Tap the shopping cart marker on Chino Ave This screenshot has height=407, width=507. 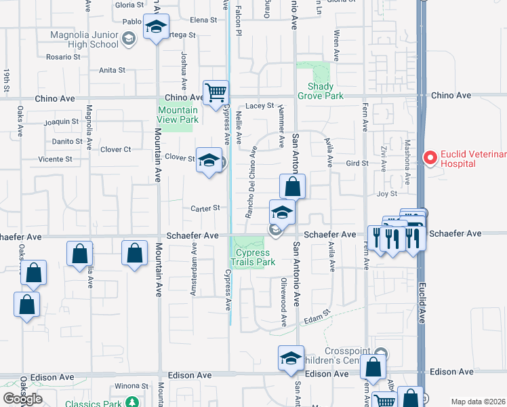point(216,92)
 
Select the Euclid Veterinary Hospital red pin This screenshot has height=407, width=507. point(429,158)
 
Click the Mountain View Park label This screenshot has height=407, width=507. point(178,115)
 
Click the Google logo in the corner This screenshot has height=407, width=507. point(22,399)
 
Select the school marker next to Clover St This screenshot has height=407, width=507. point(209,161)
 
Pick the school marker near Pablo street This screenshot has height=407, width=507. point(157,28)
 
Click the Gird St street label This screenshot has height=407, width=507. point(357,163)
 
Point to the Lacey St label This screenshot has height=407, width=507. point(259,106)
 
